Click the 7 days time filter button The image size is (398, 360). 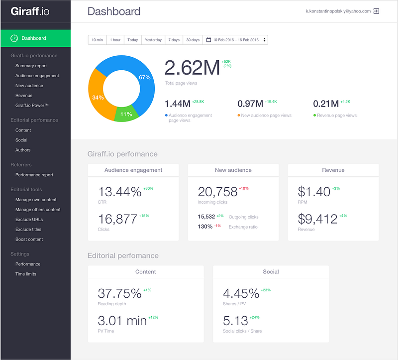click(x=174, y=40)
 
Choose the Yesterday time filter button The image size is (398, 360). click(x=153, y=40)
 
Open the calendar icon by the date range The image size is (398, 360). click(x=208, y=40)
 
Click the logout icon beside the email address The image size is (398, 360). click(x=376, y=11)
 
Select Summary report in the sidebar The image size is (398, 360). click(x=31, y=66)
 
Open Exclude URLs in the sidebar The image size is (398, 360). click(x=29, y=220)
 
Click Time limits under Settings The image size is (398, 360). click(x=26, y=274)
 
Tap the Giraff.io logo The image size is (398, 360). click(x=30, y=11)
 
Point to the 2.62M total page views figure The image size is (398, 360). click(x=192, y=68)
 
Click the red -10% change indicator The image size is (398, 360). click(x=244, y=189)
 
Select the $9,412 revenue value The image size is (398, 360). click(x=317, y=219)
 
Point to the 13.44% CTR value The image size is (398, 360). click(x=119, y=192)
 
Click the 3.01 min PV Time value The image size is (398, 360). click(x=122, y=321)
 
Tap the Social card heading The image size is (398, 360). click(x=271, y=272)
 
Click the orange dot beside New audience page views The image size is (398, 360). click(x=239, y=116)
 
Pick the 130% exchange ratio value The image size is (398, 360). click(x=205, y=227)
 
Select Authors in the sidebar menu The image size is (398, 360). click(x=23, y=150)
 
